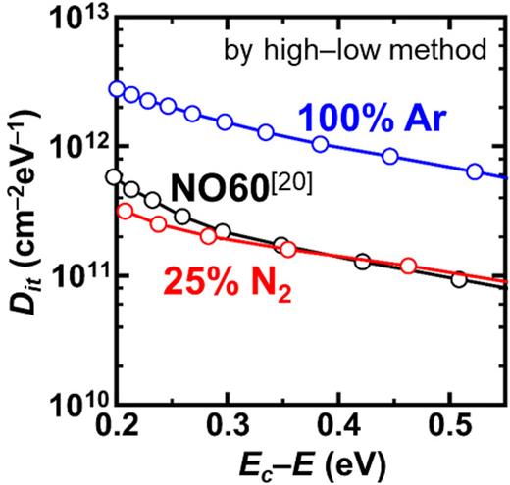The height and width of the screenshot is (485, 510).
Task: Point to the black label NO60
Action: click(x=227, y=186)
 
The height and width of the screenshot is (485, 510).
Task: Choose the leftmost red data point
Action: click(x=125, y=211)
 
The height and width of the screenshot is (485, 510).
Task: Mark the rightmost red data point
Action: click(x=408, y=266)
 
